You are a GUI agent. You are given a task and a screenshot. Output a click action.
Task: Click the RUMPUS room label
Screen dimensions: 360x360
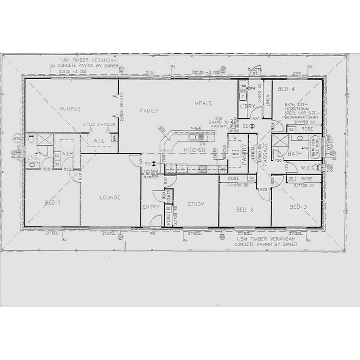pos(70,109)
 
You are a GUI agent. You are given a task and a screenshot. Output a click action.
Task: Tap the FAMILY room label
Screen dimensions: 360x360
pos(149,111)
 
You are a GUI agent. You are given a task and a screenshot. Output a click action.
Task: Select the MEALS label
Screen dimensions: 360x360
pos(203,103)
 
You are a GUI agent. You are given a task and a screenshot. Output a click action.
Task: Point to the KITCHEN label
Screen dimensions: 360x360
pos(194,150)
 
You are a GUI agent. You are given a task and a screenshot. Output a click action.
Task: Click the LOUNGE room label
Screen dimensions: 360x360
pos(110,197)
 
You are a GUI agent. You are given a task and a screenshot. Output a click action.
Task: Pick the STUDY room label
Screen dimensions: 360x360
pos(195,204)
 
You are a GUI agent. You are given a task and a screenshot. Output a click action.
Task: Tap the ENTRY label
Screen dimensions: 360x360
pos(151,207)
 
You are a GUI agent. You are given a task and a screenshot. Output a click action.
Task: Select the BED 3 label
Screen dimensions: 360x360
pos(298,207)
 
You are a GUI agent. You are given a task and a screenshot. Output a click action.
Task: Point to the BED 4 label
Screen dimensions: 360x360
pos(286,89)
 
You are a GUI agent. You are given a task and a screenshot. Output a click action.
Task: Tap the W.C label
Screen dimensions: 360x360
pos(307,168)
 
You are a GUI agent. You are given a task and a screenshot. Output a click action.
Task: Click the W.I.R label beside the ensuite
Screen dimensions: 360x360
pos(67,153)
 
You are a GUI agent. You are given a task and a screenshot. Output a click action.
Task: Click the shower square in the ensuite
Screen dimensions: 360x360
pos(46,140)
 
